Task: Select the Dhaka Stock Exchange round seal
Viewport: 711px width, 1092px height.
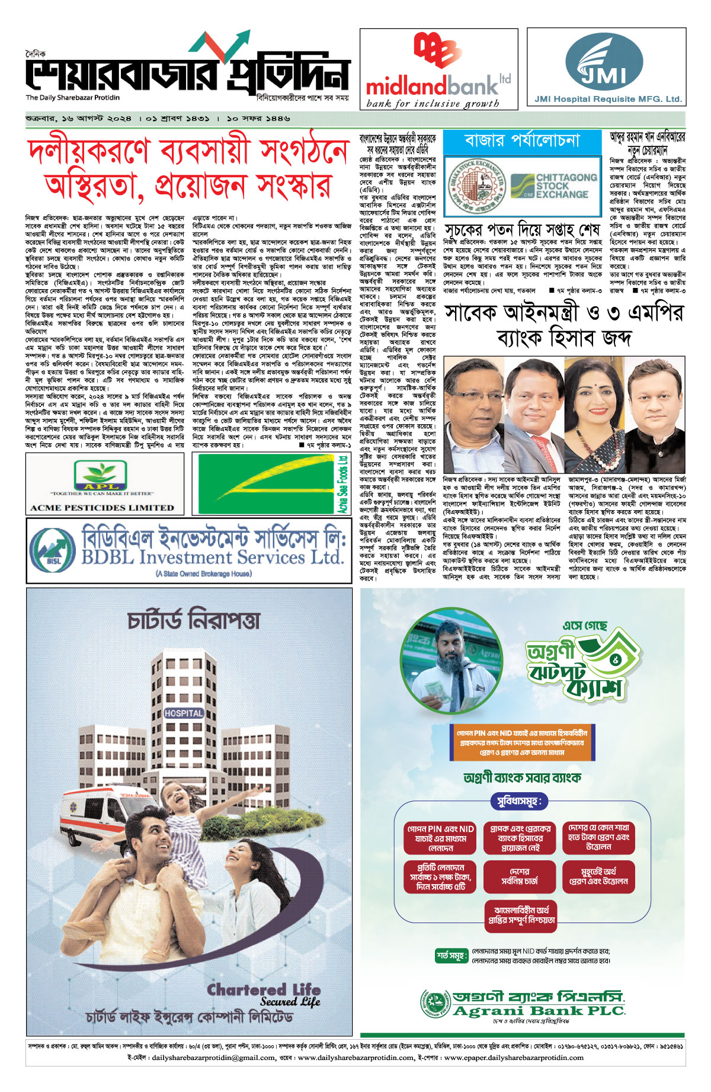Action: point(475,185)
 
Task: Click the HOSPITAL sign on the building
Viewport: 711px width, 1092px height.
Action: point(184,713)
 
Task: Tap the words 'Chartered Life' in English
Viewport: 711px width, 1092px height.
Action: point(264,989)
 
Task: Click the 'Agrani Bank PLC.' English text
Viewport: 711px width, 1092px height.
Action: point(539,1011)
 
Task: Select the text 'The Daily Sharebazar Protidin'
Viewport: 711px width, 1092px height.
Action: point(72,98)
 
